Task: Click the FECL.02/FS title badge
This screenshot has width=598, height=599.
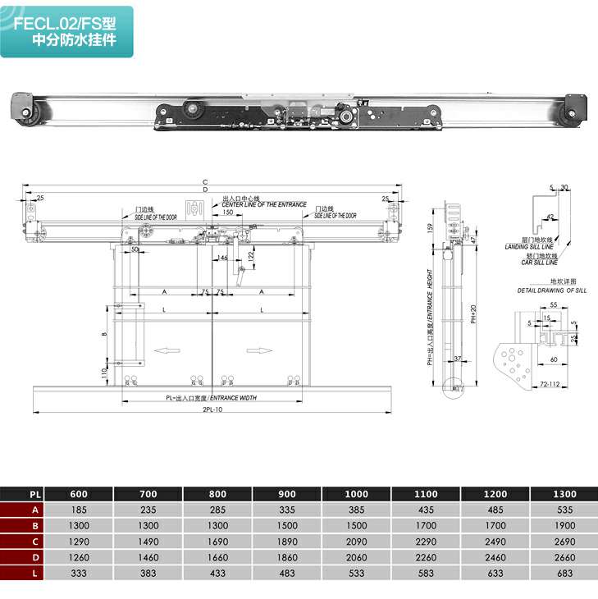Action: click(x=67, y=31)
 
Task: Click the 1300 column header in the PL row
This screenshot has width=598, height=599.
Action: click(x=565, y=495)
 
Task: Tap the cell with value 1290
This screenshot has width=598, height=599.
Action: click(x=79, y=541)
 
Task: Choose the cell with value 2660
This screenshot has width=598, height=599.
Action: click(x=565, y=556)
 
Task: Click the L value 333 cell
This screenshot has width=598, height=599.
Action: click(x=79, y=572)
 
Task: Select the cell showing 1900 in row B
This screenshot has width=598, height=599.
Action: click(x=565, y=525)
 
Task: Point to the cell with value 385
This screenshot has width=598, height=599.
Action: click(x=357, y=510)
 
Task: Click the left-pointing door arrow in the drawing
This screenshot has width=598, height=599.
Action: click(x=167, y=350)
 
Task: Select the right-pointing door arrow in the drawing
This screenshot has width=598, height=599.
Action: click(x=259, y=350)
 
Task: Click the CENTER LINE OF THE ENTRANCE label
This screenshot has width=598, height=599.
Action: click(x=263, y=204)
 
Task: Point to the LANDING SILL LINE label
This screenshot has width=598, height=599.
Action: click(x=528, y=245)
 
